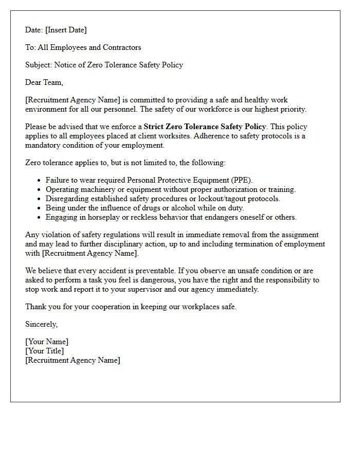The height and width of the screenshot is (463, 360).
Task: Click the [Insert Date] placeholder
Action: [x=66, y=30]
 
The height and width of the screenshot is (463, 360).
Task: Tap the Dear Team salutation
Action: [x=44, y=82]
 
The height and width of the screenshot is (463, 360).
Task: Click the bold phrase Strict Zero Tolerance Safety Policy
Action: [x=205, y=127]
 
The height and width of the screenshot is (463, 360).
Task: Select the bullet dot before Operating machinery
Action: [x=39, y=190]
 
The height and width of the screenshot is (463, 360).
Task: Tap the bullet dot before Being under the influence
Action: [x=39, y=208]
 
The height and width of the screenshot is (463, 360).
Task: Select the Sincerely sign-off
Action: [x=42, y=324]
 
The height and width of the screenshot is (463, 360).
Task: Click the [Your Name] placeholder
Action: [x=47, y=342]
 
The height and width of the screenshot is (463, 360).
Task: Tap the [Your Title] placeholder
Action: [x=45, y=351]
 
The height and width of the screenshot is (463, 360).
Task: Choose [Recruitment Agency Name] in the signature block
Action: [x=73, y=360]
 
